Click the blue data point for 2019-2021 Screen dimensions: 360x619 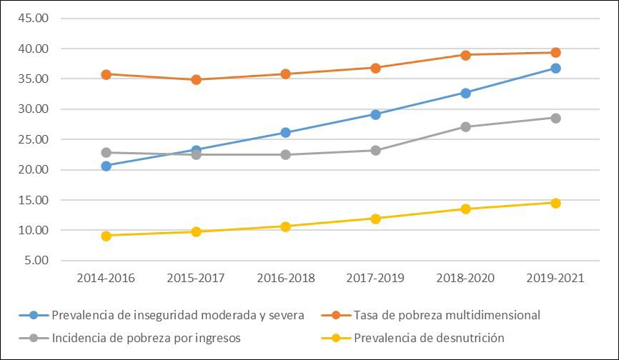click(555, 69)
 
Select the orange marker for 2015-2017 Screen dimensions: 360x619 click(196, 79)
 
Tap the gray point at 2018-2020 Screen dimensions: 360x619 click(465, 126)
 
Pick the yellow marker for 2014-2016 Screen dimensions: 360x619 click(106, 236)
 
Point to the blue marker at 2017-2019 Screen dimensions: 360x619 click(375, 114)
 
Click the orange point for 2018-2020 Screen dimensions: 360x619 click(465, 55)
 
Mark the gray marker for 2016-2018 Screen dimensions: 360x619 click(286, 154)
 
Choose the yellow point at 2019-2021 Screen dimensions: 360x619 click(555, 203)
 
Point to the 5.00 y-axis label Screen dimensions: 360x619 click(35, 261)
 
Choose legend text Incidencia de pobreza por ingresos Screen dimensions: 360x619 click(146, 338)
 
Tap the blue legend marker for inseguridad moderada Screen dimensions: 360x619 click(34, 315)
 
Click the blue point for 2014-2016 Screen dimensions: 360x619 click(106, 166)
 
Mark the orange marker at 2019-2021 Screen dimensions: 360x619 click(555, 52)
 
